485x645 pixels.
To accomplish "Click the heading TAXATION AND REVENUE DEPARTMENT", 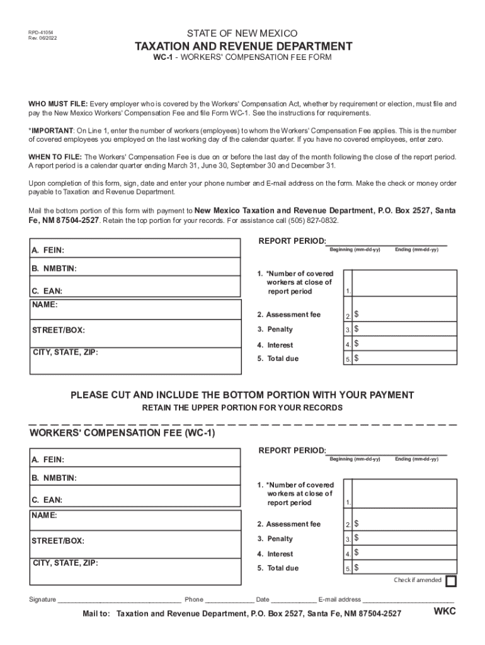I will coord(242,47).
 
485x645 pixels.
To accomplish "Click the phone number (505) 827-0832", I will coord(312,220).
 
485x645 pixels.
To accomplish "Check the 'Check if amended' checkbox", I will coord(451,581).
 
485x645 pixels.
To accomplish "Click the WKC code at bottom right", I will coord(444,612).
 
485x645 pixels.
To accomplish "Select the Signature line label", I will coord(42,600).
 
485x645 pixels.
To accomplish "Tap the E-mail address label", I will coord(339,600).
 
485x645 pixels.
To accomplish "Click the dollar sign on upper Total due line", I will coord(357,358).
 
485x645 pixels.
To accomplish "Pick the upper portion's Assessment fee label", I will coord(288,314).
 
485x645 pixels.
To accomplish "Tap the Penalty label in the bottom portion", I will coord(275,539).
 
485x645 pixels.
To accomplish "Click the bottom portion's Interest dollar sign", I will coord(357,554).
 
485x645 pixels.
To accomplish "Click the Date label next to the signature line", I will coord(262,600).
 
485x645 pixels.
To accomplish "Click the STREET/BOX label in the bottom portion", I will coord(58,540).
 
